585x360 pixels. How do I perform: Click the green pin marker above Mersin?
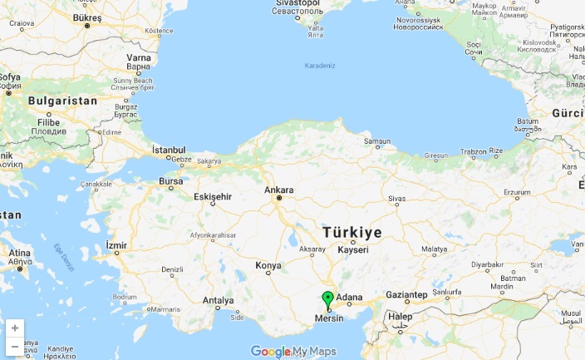327,299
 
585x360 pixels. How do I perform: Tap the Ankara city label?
279,190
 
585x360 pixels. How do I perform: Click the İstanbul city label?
168,150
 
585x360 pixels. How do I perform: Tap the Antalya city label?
219,300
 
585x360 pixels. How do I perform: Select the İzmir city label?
117,245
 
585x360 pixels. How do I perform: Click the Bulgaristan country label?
62,101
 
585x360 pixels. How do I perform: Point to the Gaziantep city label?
405,295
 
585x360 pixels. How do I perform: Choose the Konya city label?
268,266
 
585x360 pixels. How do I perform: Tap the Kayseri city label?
352,250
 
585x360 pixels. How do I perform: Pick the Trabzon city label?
474,151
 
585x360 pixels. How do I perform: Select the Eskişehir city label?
211,196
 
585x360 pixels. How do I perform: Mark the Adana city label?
350,296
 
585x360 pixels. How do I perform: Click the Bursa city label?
170,180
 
